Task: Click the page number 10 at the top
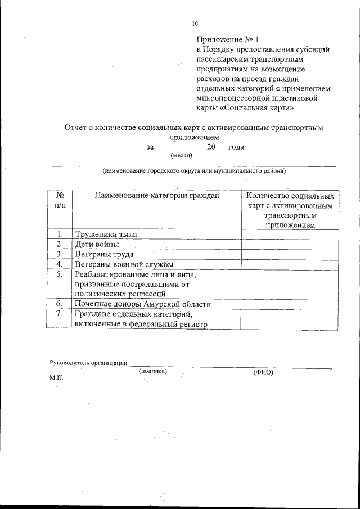point(195,24)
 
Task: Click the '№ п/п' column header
point(59,201)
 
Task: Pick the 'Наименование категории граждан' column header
point(156,196)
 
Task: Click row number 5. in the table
point(59,274)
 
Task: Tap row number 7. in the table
point(59,314)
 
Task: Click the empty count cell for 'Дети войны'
point(290,244)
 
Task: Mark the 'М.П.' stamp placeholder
point(57,379)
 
